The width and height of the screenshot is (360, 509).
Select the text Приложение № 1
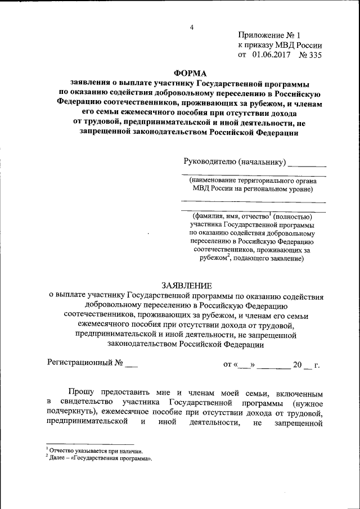pyautogui.click(x=269, y=35)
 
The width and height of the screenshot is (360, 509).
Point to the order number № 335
pyautogui.click(x=310, y=55)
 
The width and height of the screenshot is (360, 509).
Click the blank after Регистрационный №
pyautogui.click(x=130, y=364)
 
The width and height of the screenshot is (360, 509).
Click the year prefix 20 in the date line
pyautogui.click(x=298, y=364)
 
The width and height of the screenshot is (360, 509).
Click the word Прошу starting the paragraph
pyautogui.click(x=82, y=391)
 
